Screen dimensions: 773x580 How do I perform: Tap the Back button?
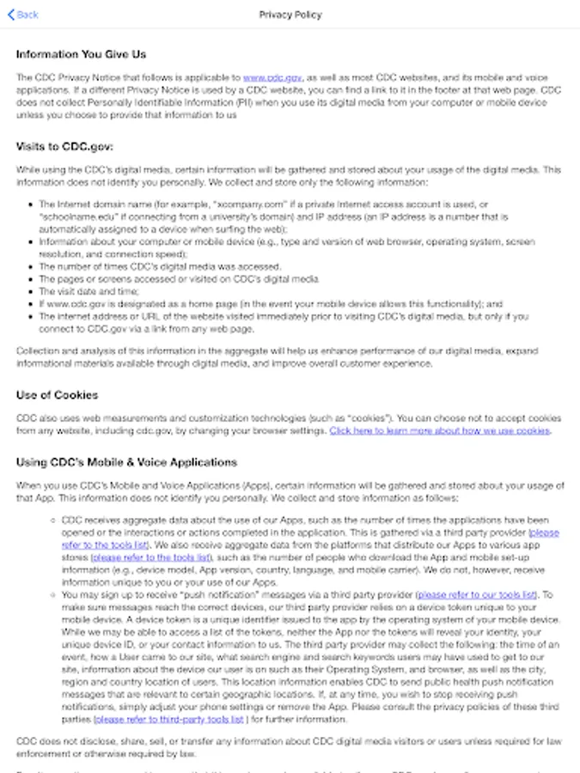[x=23, y=15]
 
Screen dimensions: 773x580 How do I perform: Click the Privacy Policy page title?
[x=290, y=15]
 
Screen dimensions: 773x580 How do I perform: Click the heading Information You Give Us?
[x=81, y=55]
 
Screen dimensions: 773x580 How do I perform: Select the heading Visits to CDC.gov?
[x=64, y=147]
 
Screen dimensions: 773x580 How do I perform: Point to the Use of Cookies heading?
[x=57, y=395]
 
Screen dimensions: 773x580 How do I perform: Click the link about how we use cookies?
[x=440, y=430]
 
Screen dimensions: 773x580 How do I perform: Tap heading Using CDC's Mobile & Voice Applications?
[x=126, y=462]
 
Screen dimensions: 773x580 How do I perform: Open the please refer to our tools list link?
[x=476, y=594]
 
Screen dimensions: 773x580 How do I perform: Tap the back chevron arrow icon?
[x=10, y=15]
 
